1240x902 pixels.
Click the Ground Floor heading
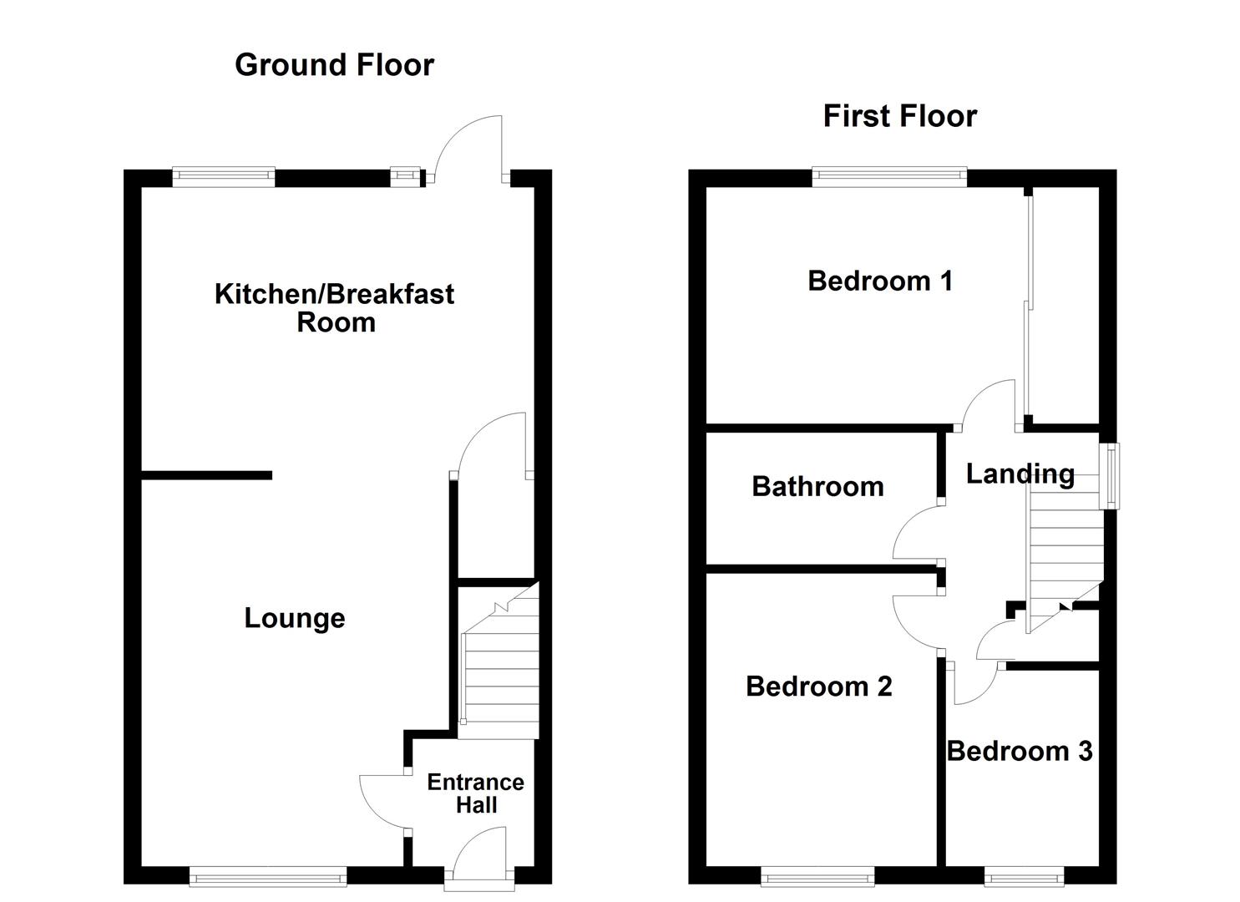(x=334, y=65)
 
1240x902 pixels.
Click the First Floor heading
(x=899, y=116)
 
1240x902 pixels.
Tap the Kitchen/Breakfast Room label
(x=334, y=307)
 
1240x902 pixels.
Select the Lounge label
(x=294, y=618)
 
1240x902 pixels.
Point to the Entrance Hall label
(x=475, y=793)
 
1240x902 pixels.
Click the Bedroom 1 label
(x=879, y=281)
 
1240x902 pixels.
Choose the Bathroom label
(x=817, y=486)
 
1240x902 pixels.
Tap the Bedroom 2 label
(x=818, y=687)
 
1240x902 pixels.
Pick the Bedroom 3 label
(x=1020, y=751)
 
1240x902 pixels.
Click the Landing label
(x=1020, y=474)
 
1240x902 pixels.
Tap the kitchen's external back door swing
(x=473, y=149)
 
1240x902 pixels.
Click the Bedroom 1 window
(x=889, y=175)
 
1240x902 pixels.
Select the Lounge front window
(x=268, y=876)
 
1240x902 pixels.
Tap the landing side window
(x=1112, y=476)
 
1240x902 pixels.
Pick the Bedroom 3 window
(x=1024, y=876)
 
